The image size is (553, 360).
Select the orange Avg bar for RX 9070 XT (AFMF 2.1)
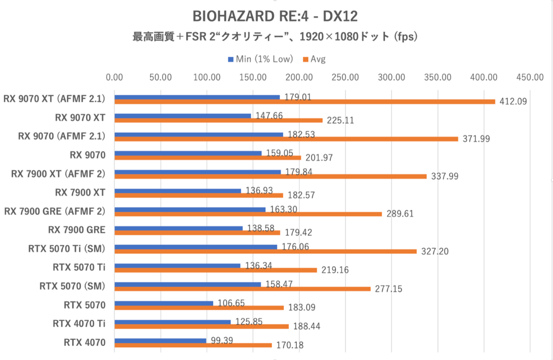pyautogui.click(x=304, y=101)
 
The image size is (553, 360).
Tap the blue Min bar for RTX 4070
pyautogui.click(x=160, y=341)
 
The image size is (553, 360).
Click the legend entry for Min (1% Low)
pyautogui.click(x=260, y=59)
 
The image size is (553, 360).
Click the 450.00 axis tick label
pyautogui.click(x=530, y=77)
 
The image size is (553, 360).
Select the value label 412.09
pyautogui.click(x=512, y=101)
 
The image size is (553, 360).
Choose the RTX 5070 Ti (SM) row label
pyautogui.click(x=66, y=249)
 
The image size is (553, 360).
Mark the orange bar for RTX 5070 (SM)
pyautogui.click(x=242, y=289)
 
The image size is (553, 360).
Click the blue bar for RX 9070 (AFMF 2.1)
pyautogui.click(x=199, y=135)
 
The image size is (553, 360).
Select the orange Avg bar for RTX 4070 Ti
pyautogui.click(x=201, y=326)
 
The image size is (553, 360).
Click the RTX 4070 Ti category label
pyautogui.click(x=79, y=324)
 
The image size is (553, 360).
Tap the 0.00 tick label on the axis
pyautogui.click(x=114, y=77)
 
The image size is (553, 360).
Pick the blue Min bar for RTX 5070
pyautogui.click(x=164, y=303)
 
